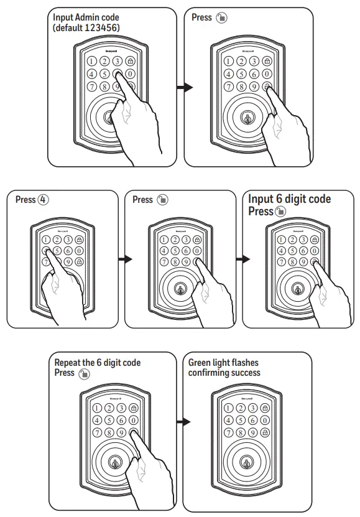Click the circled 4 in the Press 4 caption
[42, 200]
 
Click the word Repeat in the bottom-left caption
[68, 363]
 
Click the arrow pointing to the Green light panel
[183, 422]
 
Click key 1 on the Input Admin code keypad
[91, 62]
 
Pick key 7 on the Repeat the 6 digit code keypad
[97, 432]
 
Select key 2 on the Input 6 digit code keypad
[290, 239]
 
